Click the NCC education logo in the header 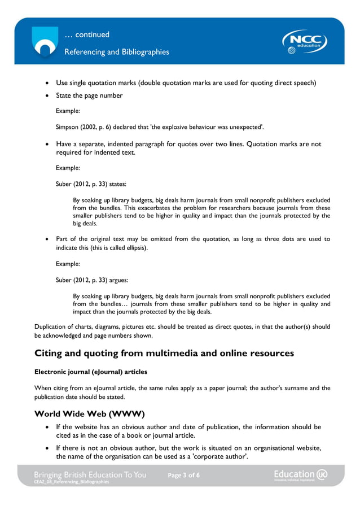pyautogui.click(x=305, y=42)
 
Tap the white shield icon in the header pyautogui.click(x=44, y=42)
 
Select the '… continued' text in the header pyautogui.click(x=87, y=34)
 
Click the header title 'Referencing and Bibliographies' pyautogui.click(x=116, y=52)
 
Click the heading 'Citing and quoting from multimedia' pyautogui.click(x=164, y=353)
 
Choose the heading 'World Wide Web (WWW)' pyautogui.click(x=90, y=413)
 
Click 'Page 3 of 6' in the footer pyautogui.click(x=183, y=476)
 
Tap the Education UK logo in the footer pyautogui.click(x=300, y=475)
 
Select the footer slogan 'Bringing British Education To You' pyautogui.click(x=90, y=474)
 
